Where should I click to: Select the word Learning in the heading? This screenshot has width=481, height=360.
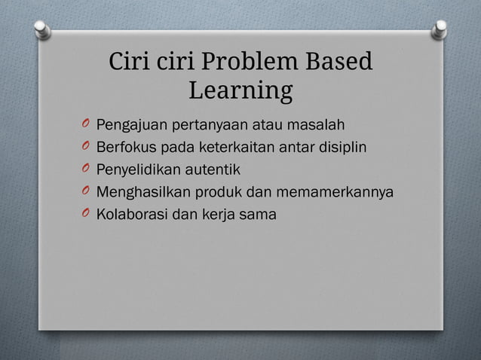point(240,91)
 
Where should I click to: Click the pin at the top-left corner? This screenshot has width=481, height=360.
point(43,29)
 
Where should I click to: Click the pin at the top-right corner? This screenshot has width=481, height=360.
point(440,29)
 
